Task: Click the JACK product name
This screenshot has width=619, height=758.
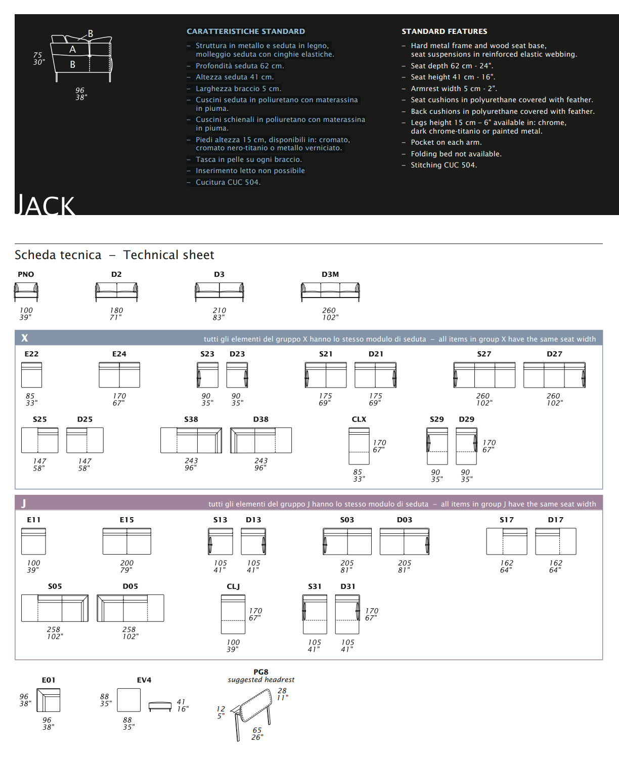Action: pos(46,205)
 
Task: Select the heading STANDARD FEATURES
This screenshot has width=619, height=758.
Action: pos(444,31)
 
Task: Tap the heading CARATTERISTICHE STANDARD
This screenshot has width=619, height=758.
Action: pos(246,31)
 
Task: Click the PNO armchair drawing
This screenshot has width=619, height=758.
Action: pos(26,292)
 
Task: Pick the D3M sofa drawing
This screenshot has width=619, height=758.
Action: pos(330,292)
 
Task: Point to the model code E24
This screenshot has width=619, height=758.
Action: pos(119,354)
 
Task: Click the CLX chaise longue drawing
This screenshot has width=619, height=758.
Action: pos(359,446)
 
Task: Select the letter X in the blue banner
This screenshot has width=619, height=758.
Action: pos(24,338)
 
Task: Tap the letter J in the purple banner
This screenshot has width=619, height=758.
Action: pos(24,503)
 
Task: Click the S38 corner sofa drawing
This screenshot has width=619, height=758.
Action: pos(191,440)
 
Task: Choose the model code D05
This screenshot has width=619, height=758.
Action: pos(130,586)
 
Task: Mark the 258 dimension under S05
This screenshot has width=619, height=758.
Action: pos(54,629)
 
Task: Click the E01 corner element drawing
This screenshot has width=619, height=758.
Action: pos(49,700)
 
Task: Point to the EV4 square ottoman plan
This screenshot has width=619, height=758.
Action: pos(128,700)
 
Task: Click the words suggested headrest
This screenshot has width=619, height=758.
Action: pos(261,680)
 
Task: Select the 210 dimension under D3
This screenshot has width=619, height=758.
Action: pos(219,310)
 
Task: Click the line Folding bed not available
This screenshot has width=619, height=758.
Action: pos(456,154)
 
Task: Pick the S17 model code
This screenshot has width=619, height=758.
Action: pos(506,520)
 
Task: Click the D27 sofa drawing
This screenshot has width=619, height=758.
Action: pos(554,375)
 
